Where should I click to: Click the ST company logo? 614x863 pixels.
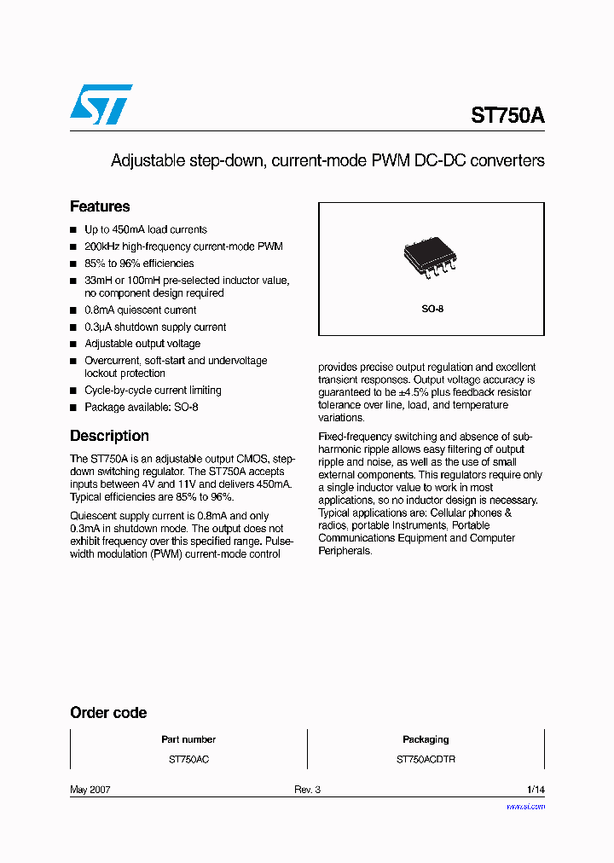tap(101, 105)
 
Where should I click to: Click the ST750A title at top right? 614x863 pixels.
tap(507, 116)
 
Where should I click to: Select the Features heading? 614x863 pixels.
tap(100, 206)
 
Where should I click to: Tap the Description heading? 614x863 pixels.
tap(109, 436)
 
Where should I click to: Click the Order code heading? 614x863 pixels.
tap(108, 713)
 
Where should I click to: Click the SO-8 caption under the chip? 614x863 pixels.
tap(432, 309)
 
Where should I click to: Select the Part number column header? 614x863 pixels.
tap(188, 739)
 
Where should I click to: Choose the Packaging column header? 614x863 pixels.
tap(426, 739)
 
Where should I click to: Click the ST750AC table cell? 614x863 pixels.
tap(188, 759)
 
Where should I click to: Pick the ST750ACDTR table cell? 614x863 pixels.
tap(426, 759)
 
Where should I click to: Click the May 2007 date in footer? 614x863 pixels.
tap(90, 790)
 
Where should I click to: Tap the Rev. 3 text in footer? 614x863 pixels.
tap(307, 790)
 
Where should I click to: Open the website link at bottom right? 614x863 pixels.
tap(525, 806)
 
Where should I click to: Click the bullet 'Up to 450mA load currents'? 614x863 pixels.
tap(146, 229)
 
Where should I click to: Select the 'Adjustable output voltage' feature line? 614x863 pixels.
tap(142, 344)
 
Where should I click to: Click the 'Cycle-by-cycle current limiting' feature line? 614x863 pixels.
tap(153, 390)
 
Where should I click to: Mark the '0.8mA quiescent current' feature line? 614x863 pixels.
tap(141, 310)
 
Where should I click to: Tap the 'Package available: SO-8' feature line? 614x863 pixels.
tap(142, 407)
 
